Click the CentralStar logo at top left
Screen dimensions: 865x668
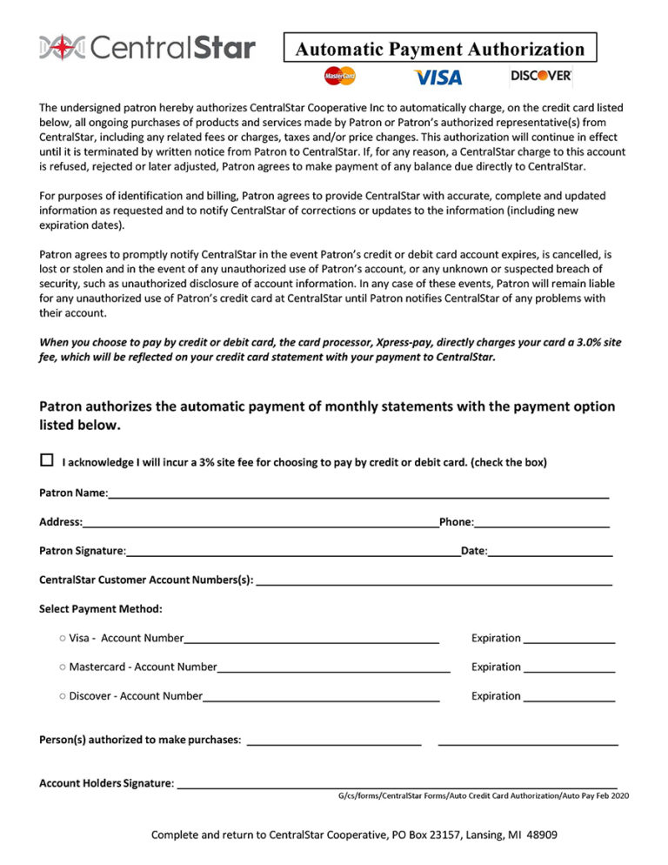[x=147, y=47]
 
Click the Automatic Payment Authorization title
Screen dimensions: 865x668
[x=439, y=49]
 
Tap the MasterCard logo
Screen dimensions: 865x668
[x=340, y=77]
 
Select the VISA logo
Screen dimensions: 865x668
[x=438, y=77]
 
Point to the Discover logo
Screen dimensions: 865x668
[x=541, y=76]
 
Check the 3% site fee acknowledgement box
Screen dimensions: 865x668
[x=46, y=460]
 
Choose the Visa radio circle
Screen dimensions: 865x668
[x=63, y=638]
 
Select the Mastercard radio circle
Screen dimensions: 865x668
[x=63, y=667]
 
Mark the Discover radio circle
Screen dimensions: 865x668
[x=63, y=695]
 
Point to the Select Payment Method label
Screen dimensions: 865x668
[x=100, y=608]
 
